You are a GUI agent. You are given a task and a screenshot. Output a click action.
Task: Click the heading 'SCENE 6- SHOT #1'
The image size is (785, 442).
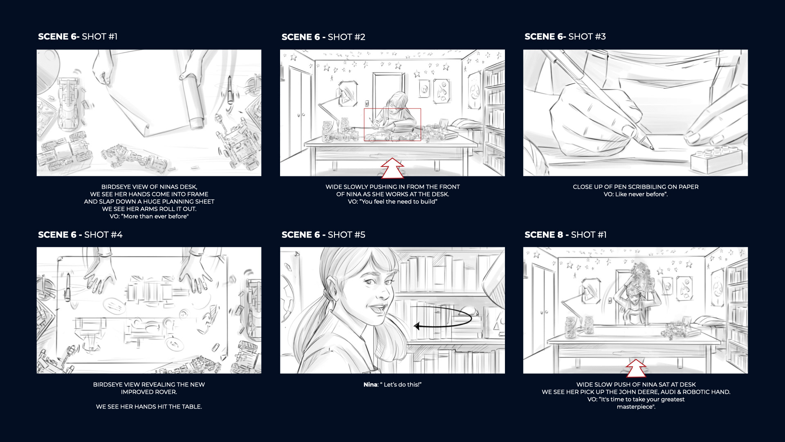(x=78, y=36)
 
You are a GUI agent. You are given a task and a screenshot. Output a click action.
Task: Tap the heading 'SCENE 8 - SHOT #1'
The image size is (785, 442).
(x=565, y=235)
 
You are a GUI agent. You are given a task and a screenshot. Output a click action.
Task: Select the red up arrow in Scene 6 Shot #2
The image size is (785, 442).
(x=392, y=168)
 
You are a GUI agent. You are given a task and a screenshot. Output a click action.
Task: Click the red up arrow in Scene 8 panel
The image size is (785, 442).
(x=635, y=368)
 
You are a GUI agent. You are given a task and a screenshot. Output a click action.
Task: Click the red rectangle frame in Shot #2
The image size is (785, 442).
(x=392, y=109)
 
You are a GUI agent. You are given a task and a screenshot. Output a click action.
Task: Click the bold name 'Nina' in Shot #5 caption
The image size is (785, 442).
(x=370, y=385)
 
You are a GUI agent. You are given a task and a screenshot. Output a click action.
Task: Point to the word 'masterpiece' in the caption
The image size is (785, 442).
(x=635, y=407)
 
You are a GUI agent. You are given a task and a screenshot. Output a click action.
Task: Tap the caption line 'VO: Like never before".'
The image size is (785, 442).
(x=635, y=194)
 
